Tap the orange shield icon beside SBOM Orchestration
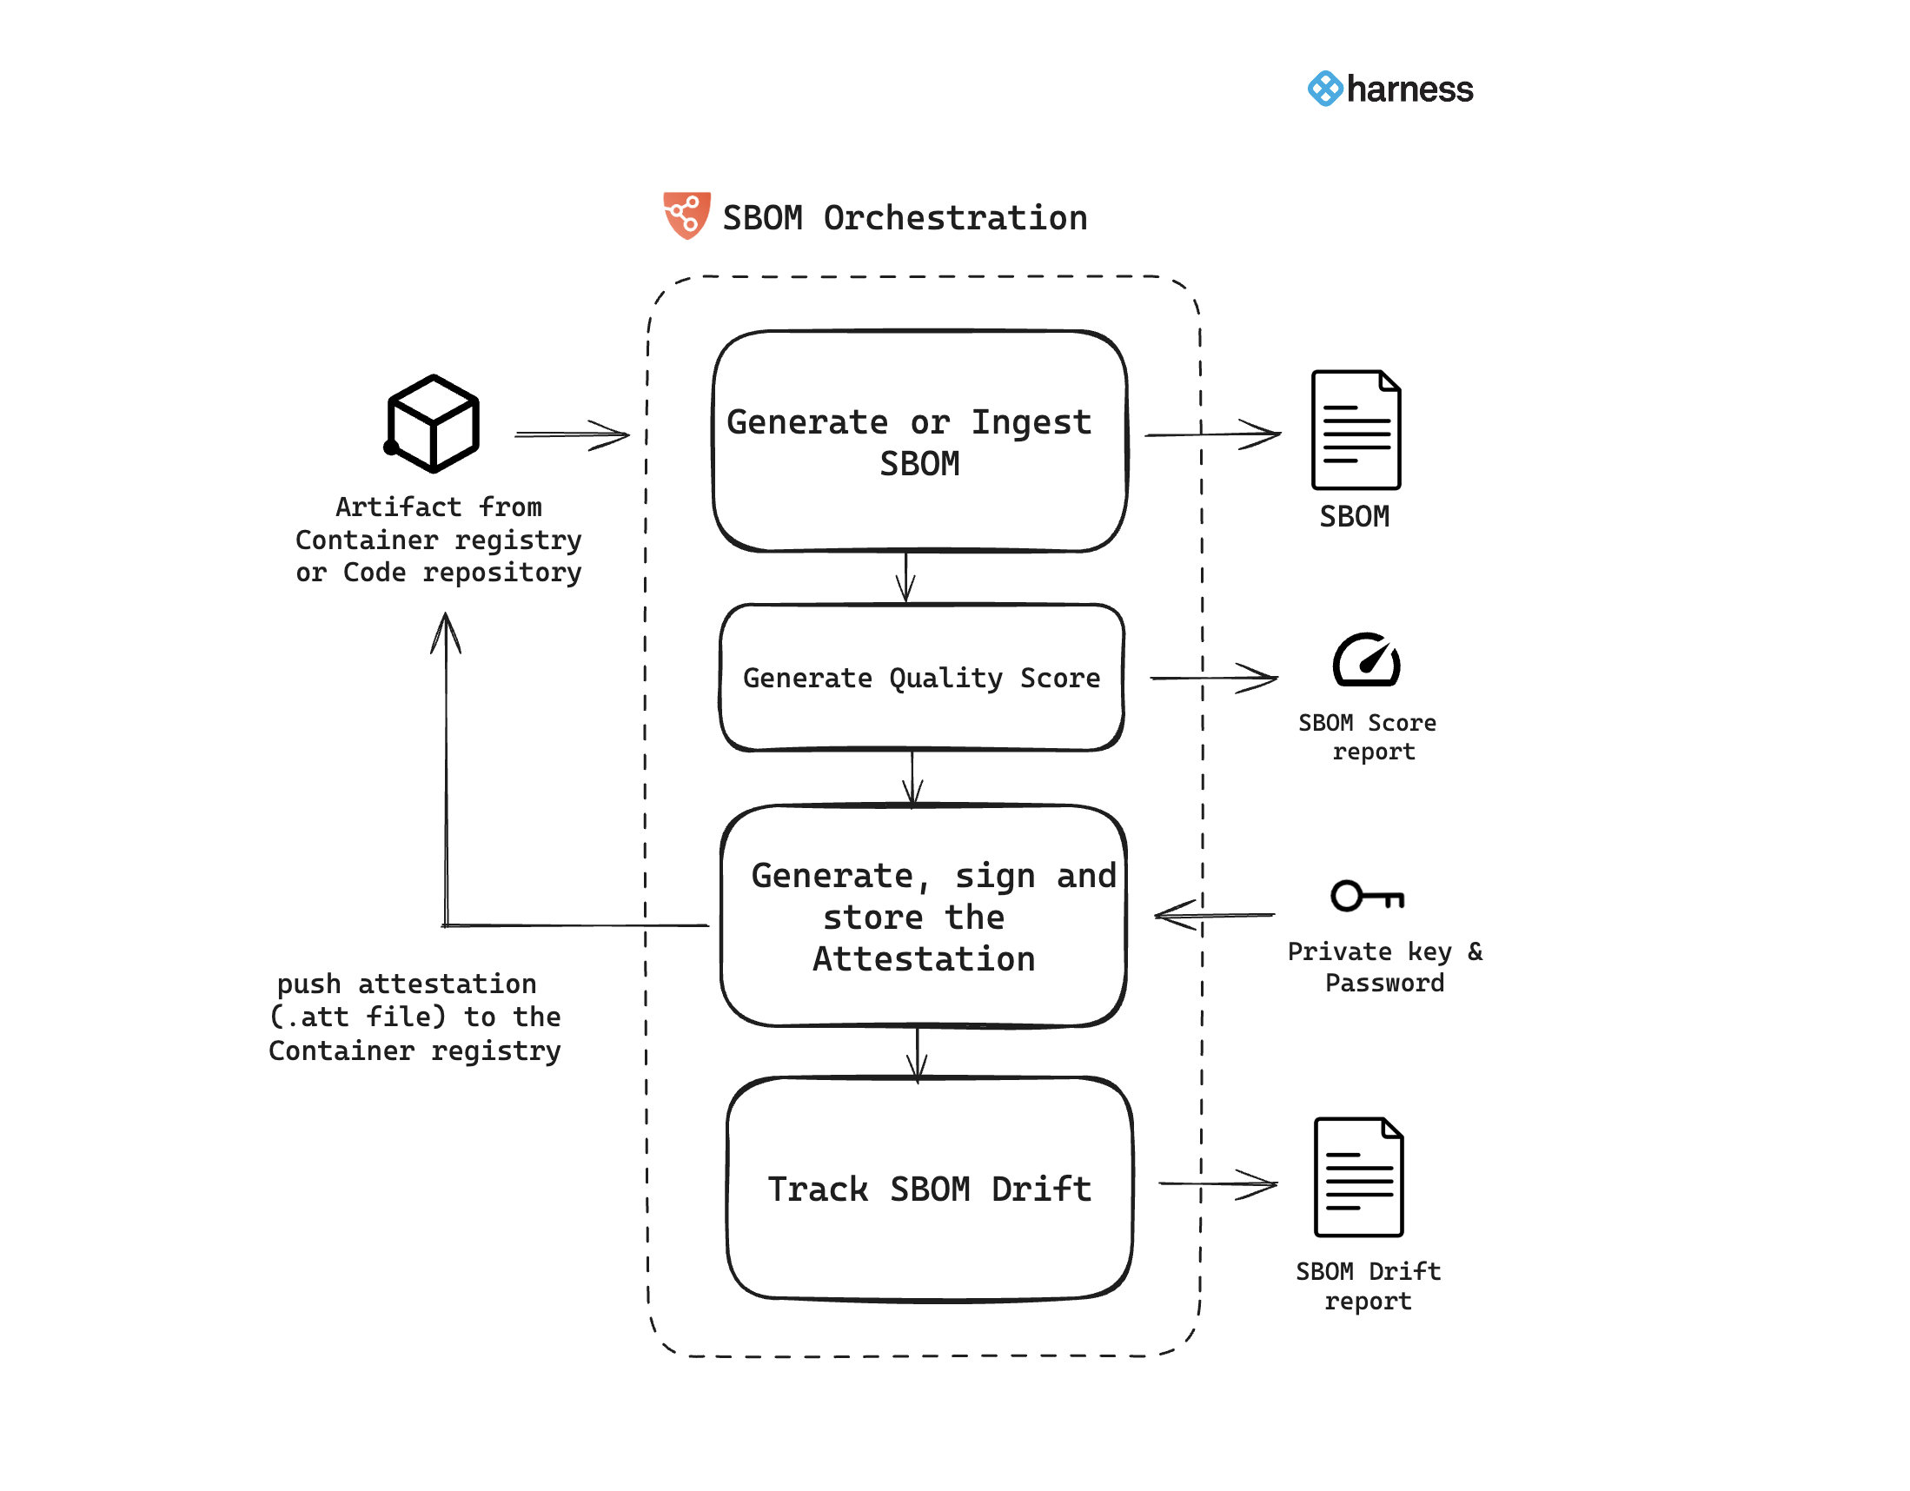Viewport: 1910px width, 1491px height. [x=686, y=215]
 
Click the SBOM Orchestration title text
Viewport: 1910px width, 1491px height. [x=905, y=218]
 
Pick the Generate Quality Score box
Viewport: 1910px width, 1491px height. [x=921, y=678]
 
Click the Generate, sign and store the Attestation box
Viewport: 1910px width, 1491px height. [x=923, y=916]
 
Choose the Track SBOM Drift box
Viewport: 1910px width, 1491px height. [x=929, y=1189]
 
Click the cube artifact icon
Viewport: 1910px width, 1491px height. [x=433, y=423]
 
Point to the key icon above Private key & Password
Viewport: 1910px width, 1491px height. [x=1366, y=896]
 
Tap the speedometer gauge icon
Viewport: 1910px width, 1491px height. [x=1366, y=660]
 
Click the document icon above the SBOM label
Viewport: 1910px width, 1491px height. [x=1355, y=429]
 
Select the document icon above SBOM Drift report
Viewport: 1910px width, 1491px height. [x=1358, y=1177]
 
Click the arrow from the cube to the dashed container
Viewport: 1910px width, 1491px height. [x=572, y=434]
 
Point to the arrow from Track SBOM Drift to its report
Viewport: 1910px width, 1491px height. [x=1217, y=1184]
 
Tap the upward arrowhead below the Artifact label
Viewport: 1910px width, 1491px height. [x=446, y=632]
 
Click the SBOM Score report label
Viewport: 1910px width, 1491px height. [x=1367, y=736]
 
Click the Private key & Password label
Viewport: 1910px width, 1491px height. [x=1384, y=966]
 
